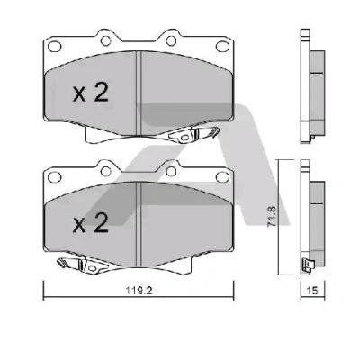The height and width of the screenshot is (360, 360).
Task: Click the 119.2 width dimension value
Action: pos(139,291)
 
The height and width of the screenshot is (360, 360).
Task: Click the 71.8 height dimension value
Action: pos(272,216)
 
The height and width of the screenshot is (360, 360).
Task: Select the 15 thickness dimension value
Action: pos(312,291)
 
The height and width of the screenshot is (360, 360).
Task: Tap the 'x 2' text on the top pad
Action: pos(91,93)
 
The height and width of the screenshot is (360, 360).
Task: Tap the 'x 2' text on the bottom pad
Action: pos(91,224)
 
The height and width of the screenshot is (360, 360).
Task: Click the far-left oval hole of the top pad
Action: pos(55,47)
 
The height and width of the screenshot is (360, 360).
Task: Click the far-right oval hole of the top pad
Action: pos(222,47)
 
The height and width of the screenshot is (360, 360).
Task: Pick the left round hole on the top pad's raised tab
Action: pos(105,40)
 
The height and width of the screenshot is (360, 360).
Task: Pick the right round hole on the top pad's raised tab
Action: pos(171,40)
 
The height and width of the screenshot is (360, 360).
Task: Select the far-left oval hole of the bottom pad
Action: pos(55,177)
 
